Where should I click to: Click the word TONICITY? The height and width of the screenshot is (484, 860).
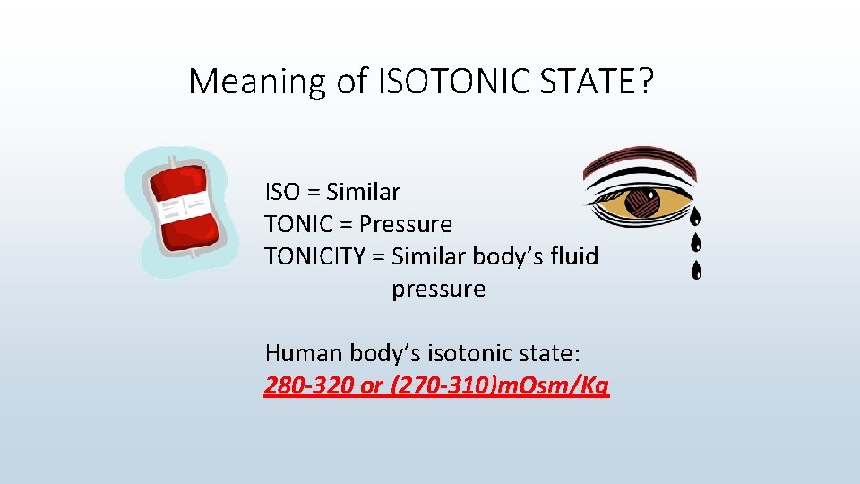click(314, 256)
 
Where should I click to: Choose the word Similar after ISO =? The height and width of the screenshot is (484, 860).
click(363, 192)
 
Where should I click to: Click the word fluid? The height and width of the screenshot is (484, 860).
click(575, 256)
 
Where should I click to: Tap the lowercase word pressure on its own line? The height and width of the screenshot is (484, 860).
click(438, 289)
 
